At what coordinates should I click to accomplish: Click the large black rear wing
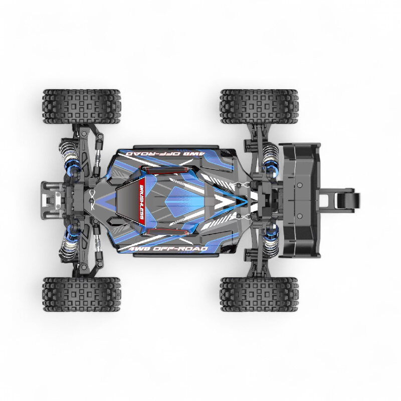300,200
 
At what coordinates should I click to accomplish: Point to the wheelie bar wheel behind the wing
347,200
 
